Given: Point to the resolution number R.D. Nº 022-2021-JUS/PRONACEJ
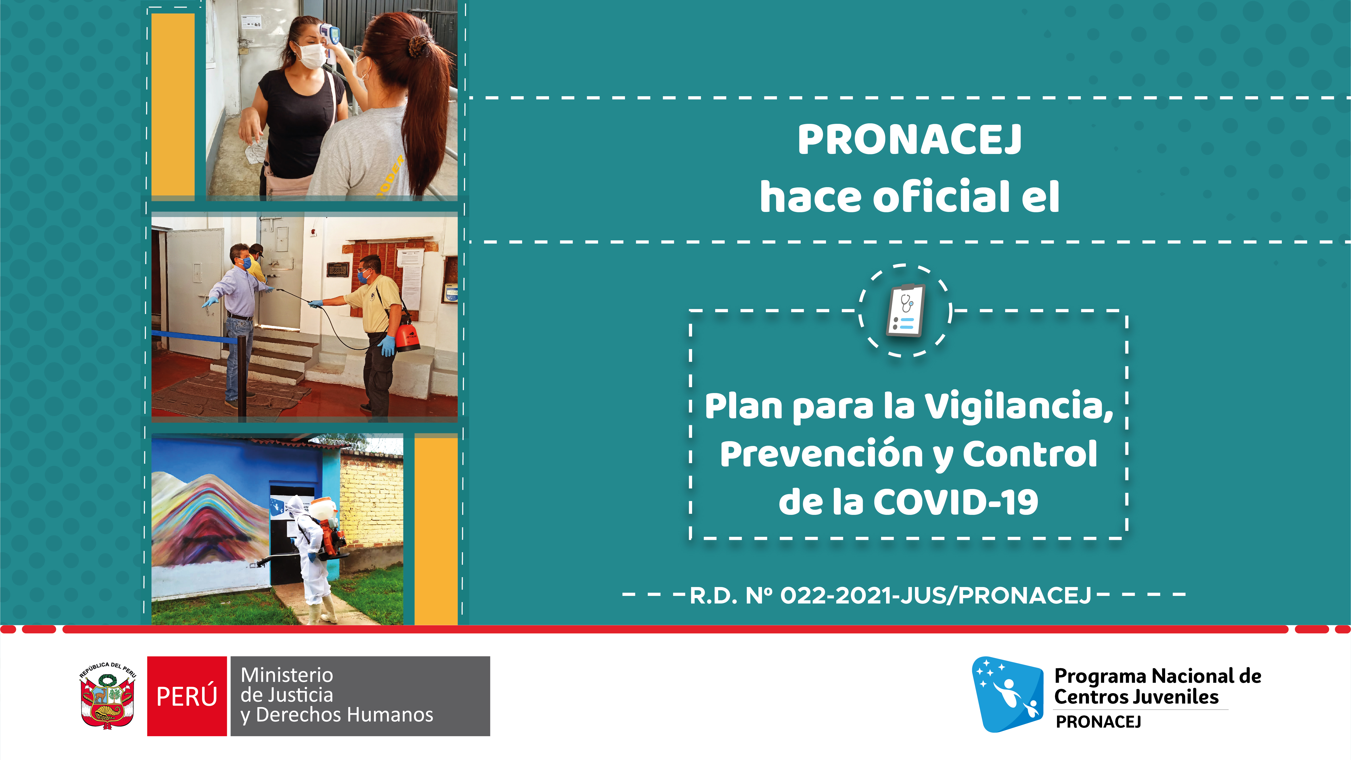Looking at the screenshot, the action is (x=891, y=595).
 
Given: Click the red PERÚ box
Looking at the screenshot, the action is (x=187, y=696).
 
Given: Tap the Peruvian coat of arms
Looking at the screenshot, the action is (x=108, y=696).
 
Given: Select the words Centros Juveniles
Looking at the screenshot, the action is (x=1137, y=697).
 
